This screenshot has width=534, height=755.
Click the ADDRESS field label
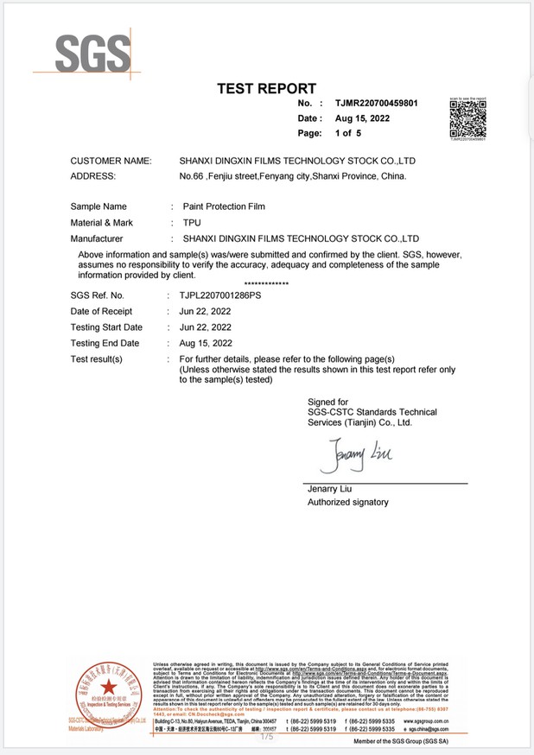(x=92, y=176)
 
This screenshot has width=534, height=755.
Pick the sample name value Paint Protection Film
(x=224, y=206)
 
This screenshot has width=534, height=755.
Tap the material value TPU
(x=191, y=222)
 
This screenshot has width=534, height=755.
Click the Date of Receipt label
(x=101, y=311)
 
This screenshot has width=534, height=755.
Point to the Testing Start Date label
(x=106, y=327)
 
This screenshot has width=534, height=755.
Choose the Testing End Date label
(x=105, y=343)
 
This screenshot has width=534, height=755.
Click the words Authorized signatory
(x=348, y=502)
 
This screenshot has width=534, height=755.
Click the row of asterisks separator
(x=266, y=283)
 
